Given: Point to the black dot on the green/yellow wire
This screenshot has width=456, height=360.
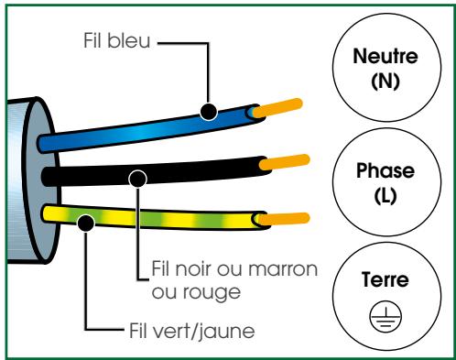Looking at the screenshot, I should click(85, 221).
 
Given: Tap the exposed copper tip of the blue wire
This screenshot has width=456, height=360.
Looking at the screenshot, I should click(274, 109).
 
